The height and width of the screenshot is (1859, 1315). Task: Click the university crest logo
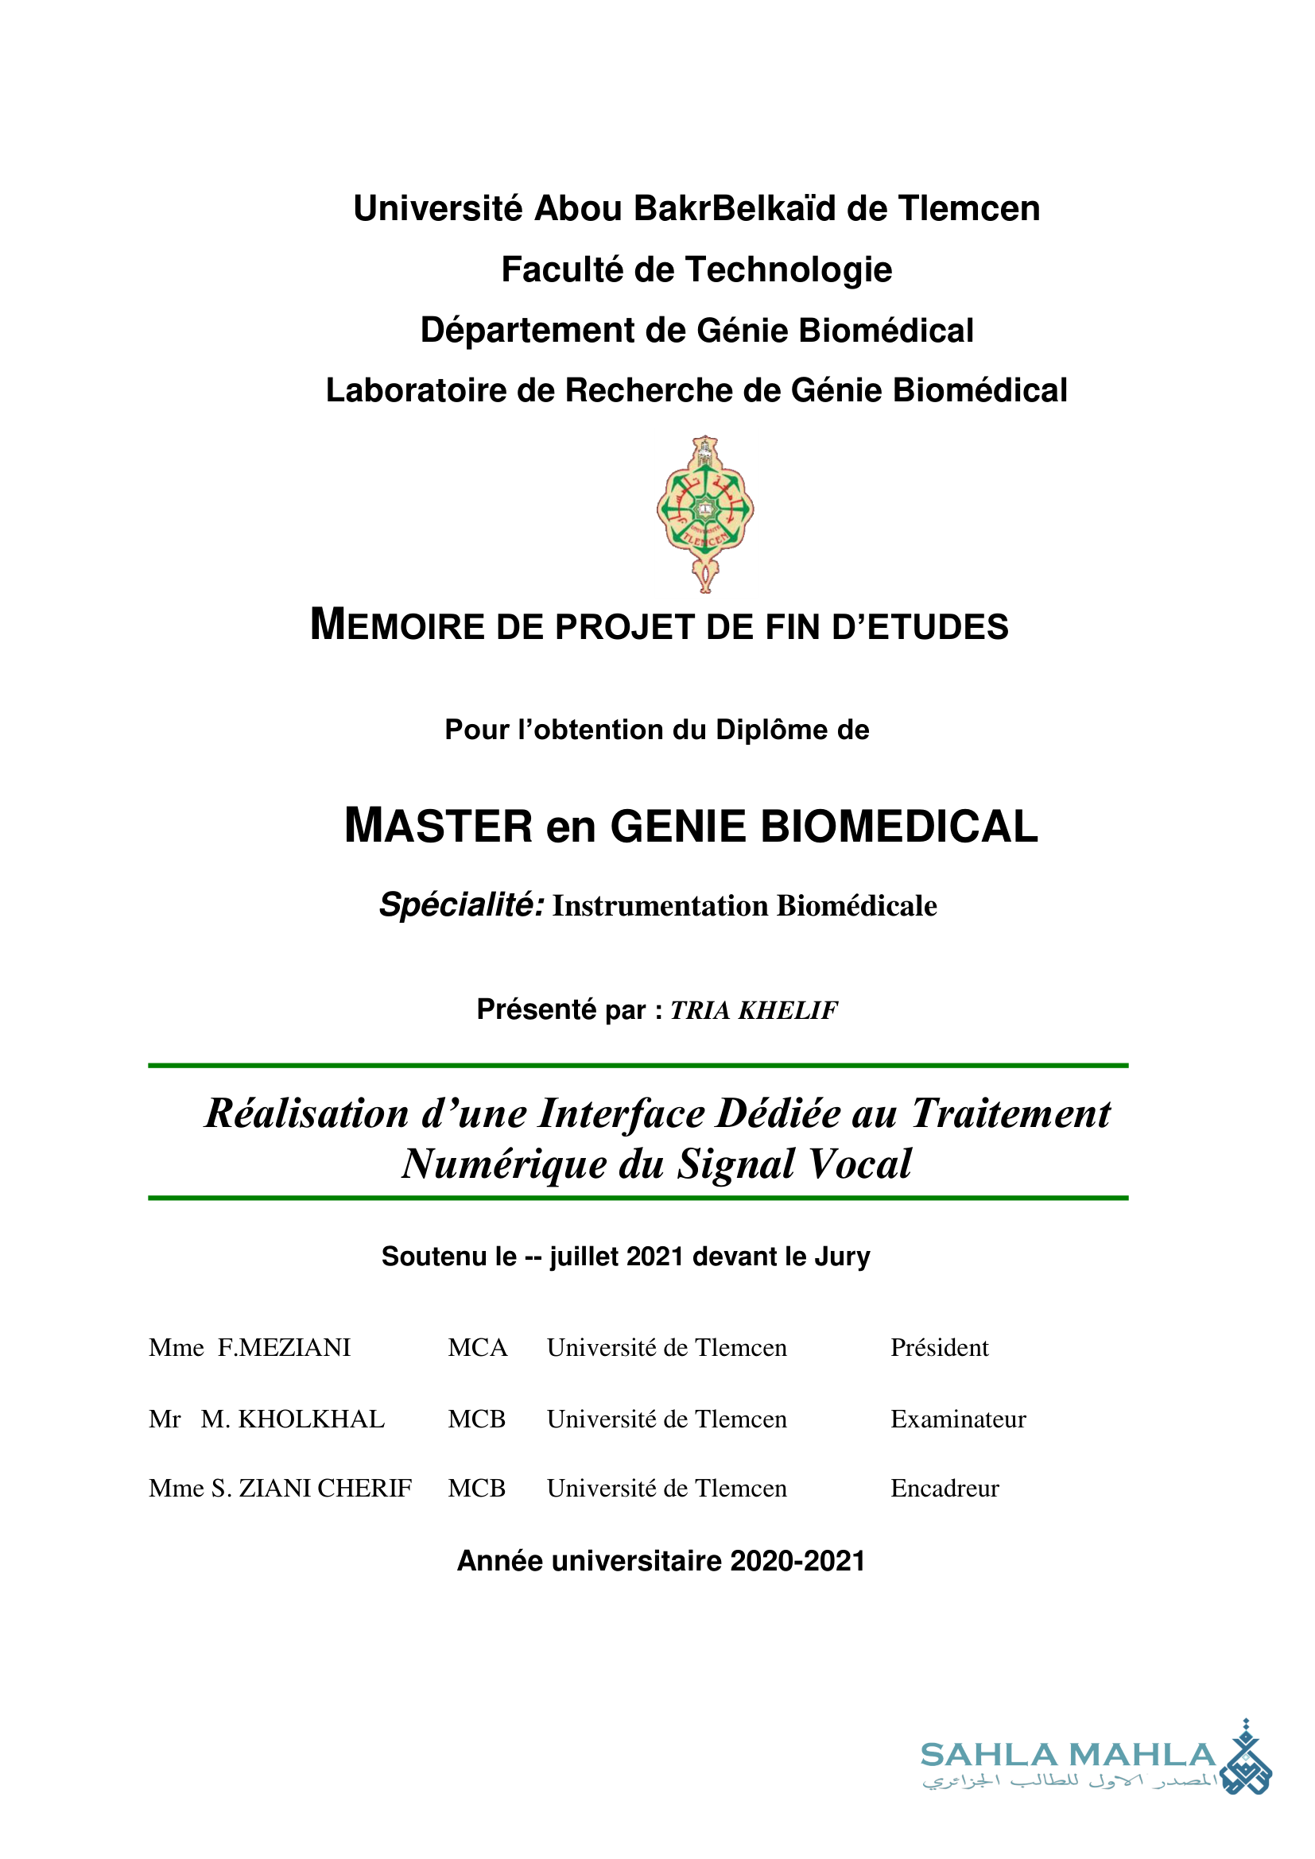[x=705, y=513]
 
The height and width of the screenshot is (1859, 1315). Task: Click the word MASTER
[x=438, y=826]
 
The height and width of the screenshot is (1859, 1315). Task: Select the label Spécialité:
[x=462, y=904]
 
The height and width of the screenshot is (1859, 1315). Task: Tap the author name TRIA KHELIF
[x=754, y=1010]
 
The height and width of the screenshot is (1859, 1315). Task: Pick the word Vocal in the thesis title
[x=860, y=1164]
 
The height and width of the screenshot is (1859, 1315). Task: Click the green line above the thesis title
[x=638, y=1066]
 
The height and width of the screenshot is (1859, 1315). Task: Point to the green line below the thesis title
[x=638, y=1198]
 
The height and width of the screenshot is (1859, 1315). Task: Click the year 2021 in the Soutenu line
[x=655, y=1257]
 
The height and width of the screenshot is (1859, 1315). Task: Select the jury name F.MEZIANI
[x=284, y=1347]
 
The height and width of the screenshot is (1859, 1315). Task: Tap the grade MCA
[x=478, y=1347]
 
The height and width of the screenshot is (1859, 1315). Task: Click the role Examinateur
[x=958, y=1419]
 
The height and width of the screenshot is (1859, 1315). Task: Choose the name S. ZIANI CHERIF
[x=312, y=1488]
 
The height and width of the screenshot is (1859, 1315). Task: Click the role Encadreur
[x=945, y=1488]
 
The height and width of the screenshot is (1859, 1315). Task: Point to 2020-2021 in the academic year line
[x=797, y=1560]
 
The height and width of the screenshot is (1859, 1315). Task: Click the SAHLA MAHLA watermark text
[x=1068, y=1755]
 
